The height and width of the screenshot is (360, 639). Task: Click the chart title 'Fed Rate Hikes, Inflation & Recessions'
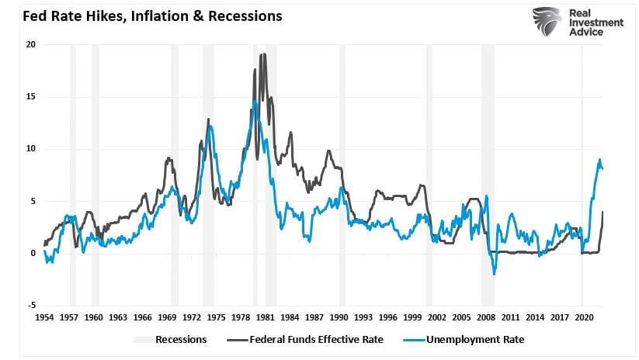(x=142, y=16)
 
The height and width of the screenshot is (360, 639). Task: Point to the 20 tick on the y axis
(x=31, y=44)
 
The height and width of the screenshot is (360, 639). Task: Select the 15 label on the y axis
(x=31, y=97)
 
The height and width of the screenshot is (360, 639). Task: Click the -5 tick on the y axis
(x=31, y=306)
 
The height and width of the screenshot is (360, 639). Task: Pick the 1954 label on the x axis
(x=44, y=317)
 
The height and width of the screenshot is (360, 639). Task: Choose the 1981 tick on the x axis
(x=265, y=317)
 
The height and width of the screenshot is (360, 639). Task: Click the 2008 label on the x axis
(x=486, y=317)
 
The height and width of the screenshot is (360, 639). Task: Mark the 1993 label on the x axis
(x=363, y=317)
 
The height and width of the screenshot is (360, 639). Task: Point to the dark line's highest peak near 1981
(x=263, y=54)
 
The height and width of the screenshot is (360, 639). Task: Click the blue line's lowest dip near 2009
(x=495, y=273)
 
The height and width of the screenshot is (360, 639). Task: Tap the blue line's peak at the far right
(x=599, y=160)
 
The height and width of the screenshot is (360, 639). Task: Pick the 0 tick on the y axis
(x=33, y=254)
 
